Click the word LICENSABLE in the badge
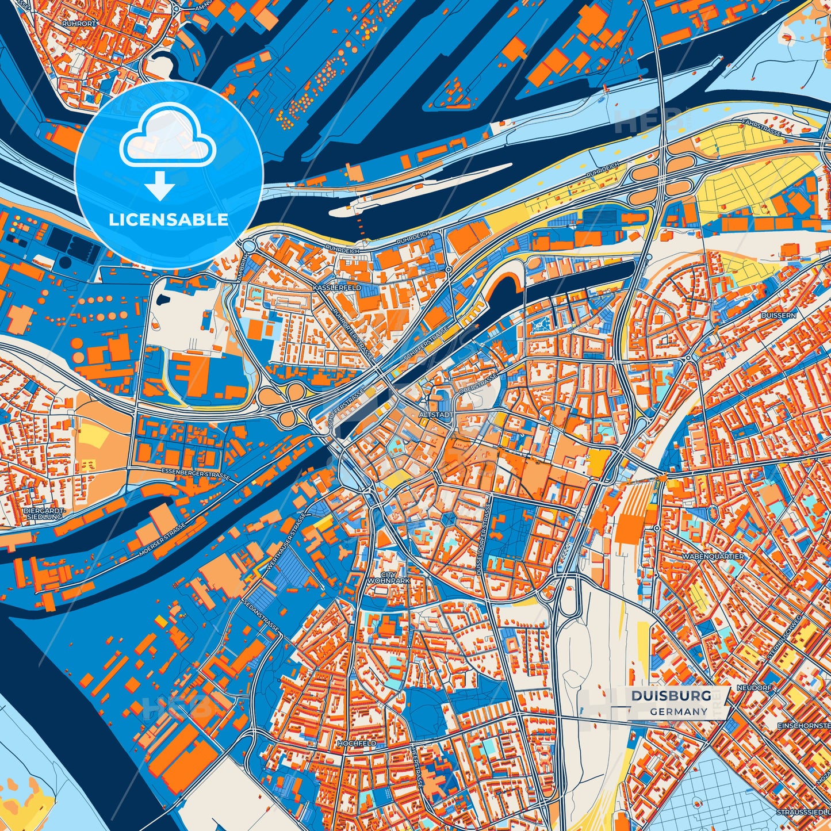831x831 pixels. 169,220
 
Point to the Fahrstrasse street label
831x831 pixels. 761,128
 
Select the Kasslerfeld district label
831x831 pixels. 337,287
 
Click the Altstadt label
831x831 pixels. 437,414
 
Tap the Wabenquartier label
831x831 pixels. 713,557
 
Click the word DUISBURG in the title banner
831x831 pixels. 671,696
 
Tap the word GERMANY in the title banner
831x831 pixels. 679,711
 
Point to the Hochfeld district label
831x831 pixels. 357,743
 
